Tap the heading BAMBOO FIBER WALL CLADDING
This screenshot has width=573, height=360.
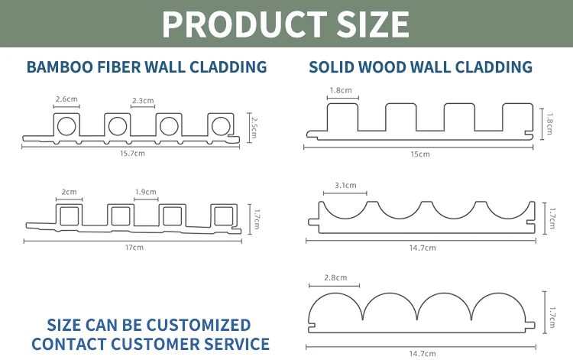coord(147,67)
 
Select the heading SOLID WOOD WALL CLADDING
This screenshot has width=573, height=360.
coord(420,67)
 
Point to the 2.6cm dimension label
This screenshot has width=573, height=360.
coord(66,99)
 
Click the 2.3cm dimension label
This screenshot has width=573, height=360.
coord(143,100)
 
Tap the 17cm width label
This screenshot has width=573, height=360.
coord(134,247)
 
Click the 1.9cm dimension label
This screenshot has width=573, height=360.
coord(145,192)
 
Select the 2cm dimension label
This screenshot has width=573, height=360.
coord(69,192)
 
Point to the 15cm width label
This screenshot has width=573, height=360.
coord(420,154)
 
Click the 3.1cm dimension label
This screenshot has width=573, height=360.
coord(345,185)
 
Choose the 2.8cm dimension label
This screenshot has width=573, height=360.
coord(336,277)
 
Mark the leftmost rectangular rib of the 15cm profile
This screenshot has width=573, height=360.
coord(341,116)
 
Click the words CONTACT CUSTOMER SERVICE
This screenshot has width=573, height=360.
coord(151,344)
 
